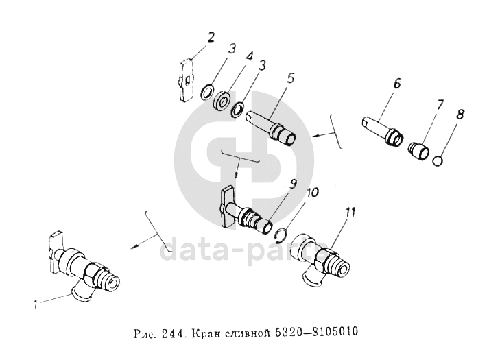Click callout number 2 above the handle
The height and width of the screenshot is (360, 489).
(211, 38)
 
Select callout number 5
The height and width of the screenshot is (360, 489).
(290, 79)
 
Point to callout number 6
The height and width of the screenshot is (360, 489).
(396, 83)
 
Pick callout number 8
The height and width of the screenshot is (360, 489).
(460, 115)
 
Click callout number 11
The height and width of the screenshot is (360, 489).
(350, 213)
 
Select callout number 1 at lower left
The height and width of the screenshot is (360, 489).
(36, 304)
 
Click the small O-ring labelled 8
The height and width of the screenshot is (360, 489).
(438, 161)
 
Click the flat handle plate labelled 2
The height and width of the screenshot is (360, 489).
(186, 80)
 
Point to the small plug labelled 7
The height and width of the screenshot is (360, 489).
(418, 151)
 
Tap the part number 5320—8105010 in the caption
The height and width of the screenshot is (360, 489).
(316, 333)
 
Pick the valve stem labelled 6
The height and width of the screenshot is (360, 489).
(383, 130)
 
